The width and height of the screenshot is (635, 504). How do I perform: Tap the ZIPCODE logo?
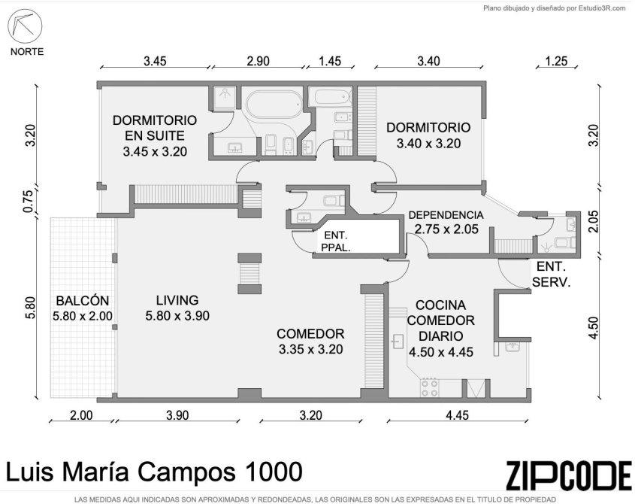pyautogui.click(x=568, y=475)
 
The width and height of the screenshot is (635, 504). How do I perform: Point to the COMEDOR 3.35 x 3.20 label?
pyautogui.click(x=310, y=342)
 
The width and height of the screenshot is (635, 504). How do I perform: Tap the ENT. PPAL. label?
pyautogui.click(x=336, y=241)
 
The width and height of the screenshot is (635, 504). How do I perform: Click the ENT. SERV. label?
pyautogui.click(x=551, y=274)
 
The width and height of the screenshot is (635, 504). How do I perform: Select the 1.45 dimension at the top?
pyautogui.click(x=330, y=61)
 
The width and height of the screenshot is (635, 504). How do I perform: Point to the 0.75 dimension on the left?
pyautogui.click(x=28, y=201)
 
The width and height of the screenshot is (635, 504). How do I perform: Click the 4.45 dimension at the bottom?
pyautogui.click(x=457, y=415)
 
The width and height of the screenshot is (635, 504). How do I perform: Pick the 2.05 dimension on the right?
pyautogui.click(x=593, y=221)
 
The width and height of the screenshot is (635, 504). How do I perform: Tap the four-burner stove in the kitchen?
pyautogui.click(x=429, y=387)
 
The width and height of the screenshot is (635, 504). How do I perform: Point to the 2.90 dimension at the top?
pyautogui.click(x=258, y=61)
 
